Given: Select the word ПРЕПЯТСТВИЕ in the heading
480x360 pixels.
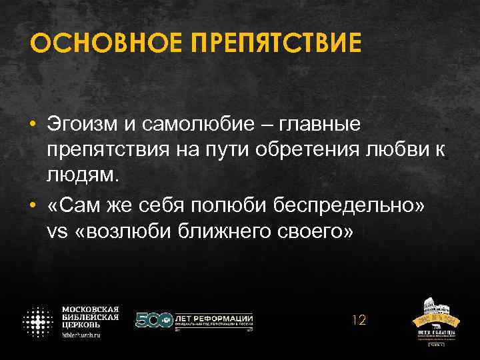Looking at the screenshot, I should pos(276,44).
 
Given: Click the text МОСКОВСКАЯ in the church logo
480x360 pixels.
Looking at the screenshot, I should pos(91,309).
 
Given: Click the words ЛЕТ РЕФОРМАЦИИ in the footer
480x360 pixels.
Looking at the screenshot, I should pos(213,318).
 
